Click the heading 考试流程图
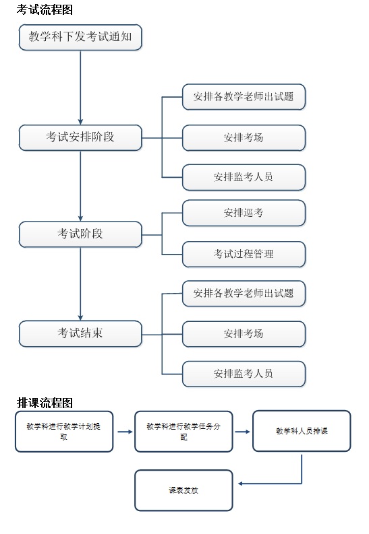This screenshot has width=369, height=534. (45, 9)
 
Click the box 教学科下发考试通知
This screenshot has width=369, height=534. (80, 37)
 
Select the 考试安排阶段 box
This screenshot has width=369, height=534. (80, 137)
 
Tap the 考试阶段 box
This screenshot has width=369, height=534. (80, 234)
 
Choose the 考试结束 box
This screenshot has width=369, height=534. (80, 334)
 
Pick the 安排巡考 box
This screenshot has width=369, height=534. (244, 213)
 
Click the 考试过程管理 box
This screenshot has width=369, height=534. (244, 255)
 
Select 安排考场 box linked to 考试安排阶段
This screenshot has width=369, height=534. (244, 138)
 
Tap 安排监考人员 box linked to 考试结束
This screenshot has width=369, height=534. (244, 374)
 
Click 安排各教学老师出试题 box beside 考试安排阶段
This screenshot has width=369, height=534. (244, 97)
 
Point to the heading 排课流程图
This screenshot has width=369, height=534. (45, 403)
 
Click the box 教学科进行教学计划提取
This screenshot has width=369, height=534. (64, 432)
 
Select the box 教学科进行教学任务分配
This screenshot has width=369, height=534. (183, 432)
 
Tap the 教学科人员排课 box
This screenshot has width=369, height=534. (302, 431)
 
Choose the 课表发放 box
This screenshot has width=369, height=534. (183, 490)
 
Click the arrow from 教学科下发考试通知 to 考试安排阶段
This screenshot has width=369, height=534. (80, 88)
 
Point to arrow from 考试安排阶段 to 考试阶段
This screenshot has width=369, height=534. (80, 186)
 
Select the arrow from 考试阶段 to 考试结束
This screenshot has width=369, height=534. (80, 284)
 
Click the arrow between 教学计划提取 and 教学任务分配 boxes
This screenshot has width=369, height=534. (125, 432)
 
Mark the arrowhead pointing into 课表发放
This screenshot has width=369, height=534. (240, 483)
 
